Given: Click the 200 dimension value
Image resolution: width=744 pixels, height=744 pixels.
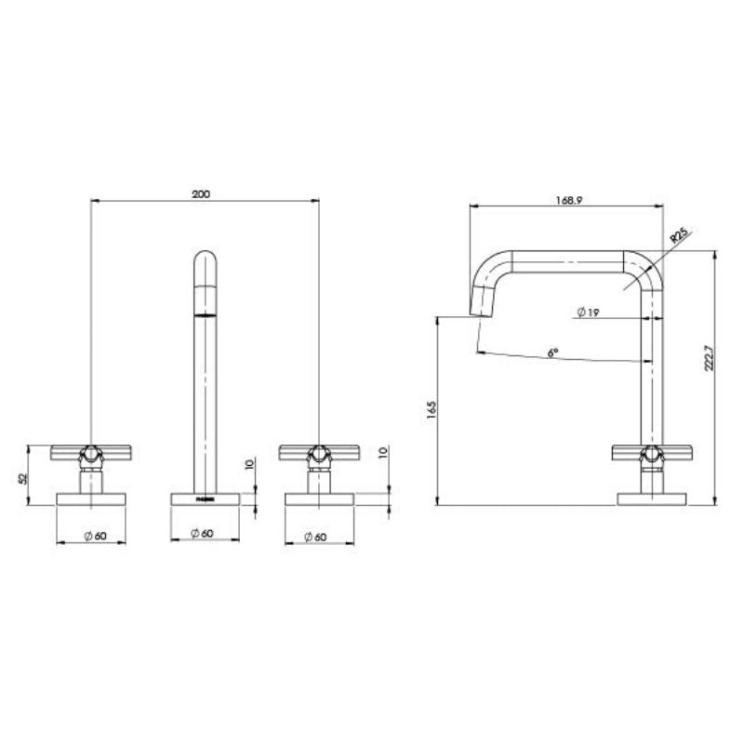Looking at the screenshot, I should (x=201, y=193).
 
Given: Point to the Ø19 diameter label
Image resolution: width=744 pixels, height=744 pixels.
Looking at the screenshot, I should (x=587, y=312).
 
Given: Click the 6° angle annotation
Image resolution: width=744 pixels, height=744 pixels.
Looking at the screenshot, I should (x=551, y=353).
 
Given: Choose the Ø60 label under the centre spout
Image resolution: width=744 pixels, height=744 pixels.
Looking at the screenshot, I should (x=204, y=534).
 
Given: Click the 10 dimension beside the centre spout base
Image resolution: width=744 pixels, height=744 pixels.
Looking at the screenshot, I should (x=249, y=464).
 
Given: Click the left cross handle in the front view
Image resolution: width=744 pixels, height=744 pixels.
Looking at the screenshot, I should (x=90, y=454).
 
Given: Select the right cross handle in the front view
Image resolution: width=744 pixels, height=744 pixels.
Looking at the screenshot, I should (x=318, y=454).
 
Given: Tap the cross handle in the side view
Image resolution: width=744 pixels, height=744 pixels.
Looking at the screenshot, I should (x=651, y=454).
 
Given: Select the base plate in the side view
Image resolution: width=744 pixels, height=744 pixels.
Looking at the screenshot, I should (x=651, y=499).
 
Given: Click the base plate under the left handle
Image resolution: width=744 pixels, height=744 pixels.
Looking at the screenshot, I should (x=90, y=499).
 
